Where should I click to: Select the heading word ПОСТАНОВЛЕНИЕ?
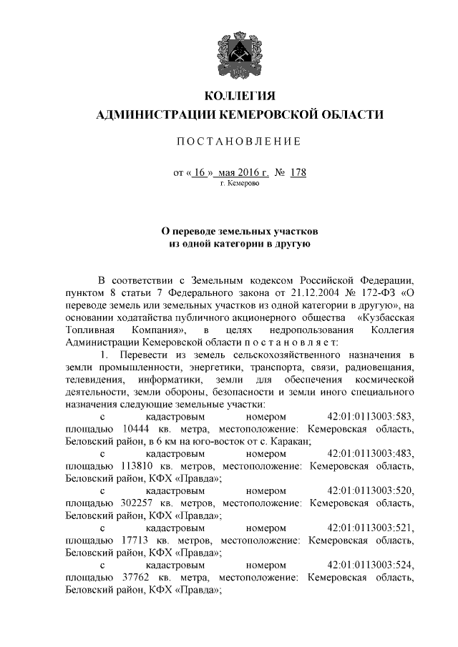239,141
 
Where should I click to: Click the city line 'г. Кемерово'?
240,184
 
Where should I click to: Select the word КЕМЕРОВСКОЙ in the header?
266,114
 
